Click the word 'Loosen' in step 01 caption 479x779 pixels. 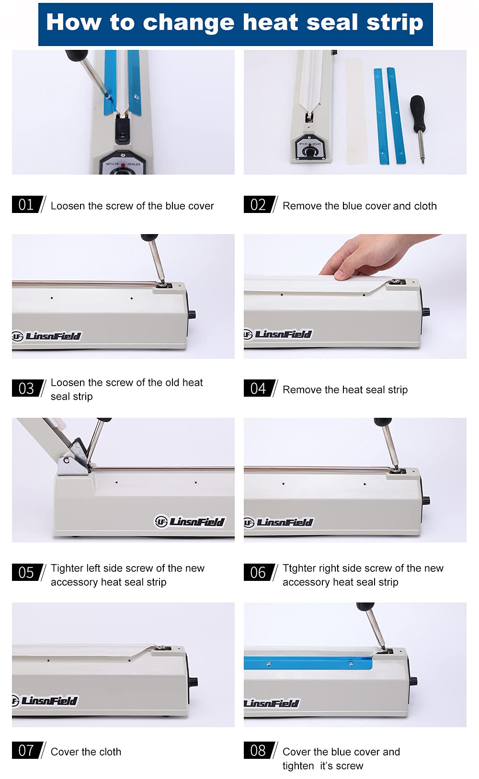click(68, 206)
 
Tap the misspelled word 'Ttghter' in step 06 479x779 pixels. click(299, 568)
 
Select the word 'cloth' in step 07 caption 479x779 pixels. click(109, 752)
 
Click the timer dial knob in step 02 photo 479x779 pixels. click(308, 152)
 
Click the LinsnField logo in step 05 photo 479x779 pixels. click(190, 522)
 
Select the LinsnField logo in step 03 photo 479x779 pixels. click(46, 336)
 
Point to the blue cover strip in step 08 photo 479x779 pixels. click(308, 663)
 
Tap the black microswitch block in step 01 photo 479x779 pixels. click(123, 130)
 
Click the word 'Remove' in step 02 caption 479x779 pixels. click(302, 206)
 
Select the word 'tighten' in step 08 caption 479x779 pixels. click(298, 766)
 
